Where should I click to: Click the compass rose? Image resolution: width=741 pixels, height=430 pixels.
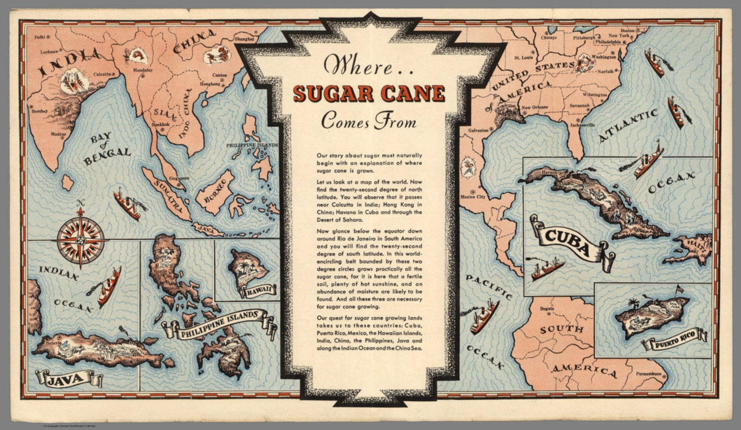(x=81, y=240)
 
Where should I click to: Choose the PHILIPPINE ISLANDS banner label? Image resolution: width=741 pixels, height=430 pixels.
(x=220, y=325)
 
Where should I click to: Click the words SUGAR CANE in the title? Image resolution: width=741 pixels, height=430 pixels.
(x=369, y=93)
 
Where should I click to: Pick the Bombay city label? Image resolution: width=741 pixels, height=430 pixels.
(x=39, y=111)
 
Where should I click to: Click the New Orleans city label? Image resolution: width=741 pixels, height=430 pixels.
(x=534, y=107)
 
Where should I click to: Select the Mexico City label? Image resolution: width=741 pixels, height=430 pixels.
(x=473, y=197)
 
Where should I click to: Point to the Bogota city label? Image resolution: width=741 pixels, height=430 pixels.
(x=546, y=308)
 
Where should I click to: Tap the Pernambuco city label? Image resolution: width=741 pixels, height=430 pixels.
(x=648, y=374)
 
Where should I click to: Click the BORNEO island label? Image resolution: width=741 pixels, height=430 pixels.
(x=215, y=190)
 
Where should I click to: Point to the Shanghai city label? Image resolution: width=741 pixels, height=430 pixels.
(x=244, y=39)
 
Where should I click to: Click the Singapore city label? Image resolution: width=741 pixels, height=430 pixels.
(x=179, y=178)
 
